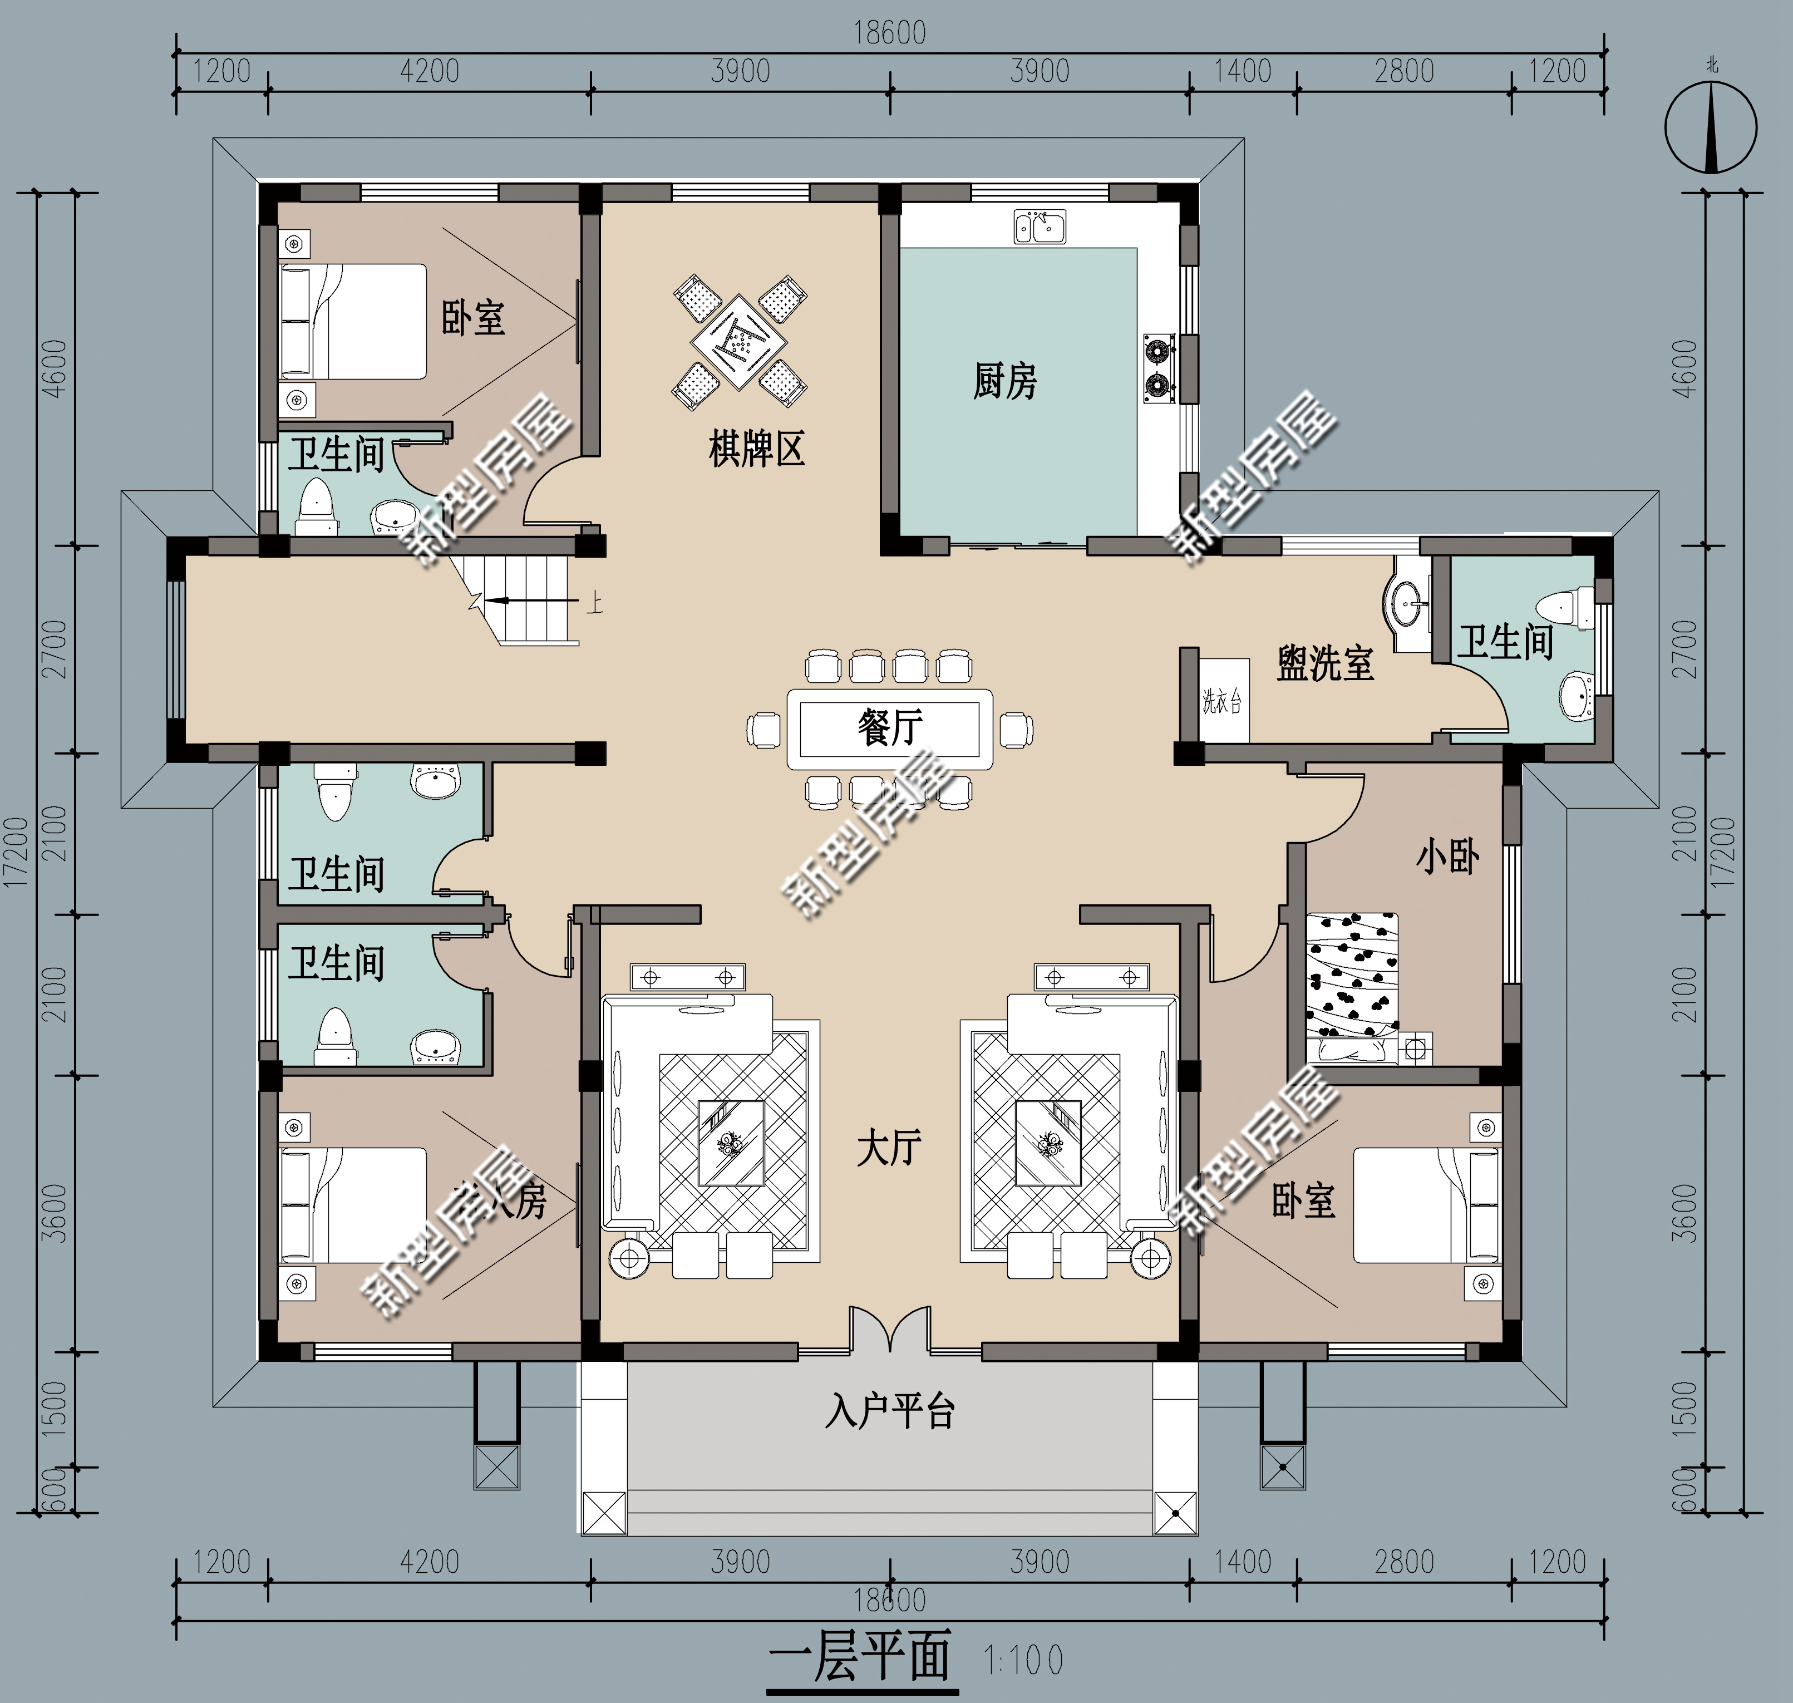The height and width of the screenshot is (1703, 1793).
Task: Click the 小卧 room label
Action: (x=1448, y=857)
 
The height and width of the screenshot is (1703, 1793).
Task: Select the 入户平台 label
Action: (x=890, y=1411)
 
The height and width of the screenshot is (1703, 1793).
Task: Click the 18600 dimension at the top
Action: (x=890, y=33)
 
